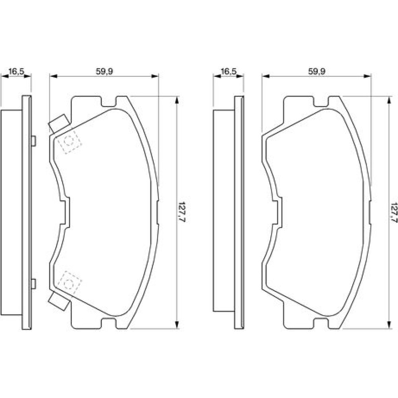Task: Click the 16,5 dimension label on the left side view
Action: pyautogui.click(x=16, y=71)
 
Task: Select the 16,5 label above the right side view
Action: pyautogui.click(x=228, y=71)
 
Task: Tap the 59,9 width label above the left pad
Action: pyautogui.click(x=104, y=71)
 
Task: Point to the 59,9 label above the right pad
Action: pyautogui.click(x=317, y=71)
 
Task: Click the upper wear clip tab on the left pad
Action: pyautogui.click(x=59, y=124)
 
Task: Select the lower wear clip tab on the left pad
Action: pyautogui.click(x=59, y=301)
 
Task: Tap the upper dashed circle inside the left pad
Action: pyautogui.click(x=68, y=141)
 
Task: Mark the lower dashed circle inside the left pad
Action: pyautogui.click(x=68, y=283)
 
